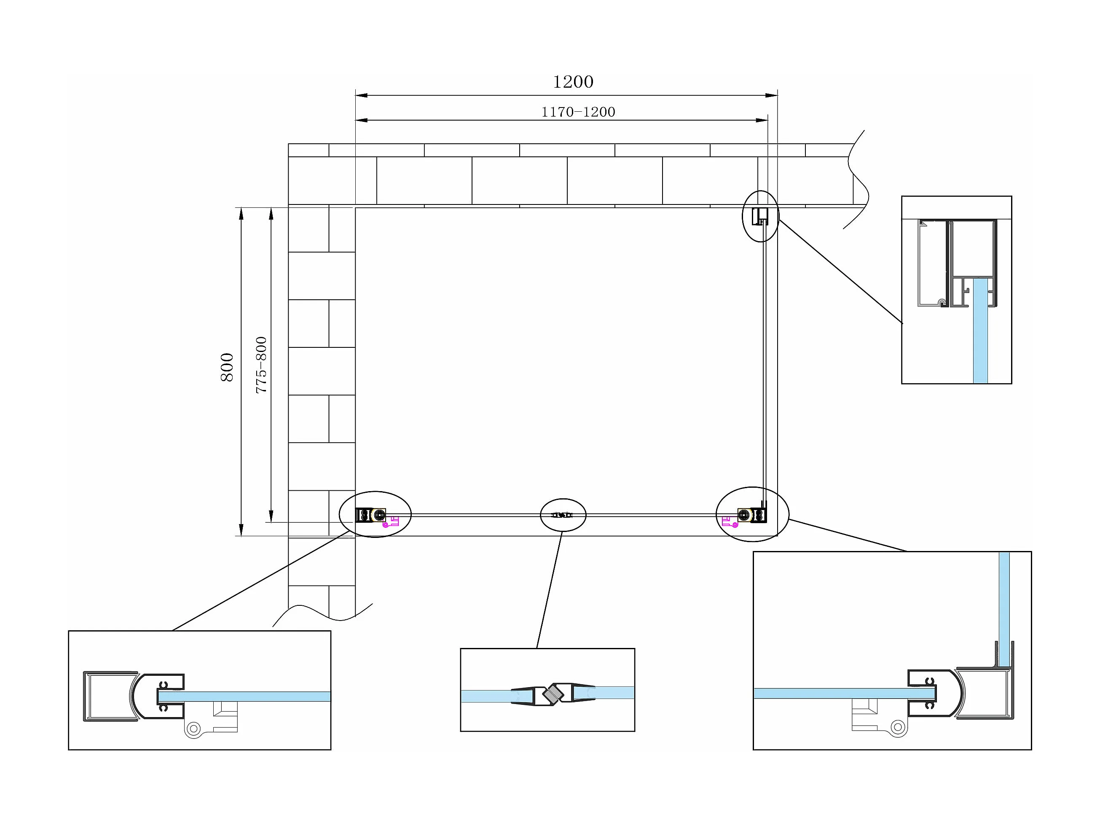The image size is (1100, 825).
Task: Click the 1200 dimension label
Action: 573,81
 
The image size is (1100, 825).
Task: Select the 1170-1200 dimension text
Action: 578,112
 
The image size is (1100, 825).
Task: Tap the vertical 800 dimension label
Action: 227,368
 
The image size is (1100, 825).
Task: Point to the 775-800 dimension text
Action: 261,365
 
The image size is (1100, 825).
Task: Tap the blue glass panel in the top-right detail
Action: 980,330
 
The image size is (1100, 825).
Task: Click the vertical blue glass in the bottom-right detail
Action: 1004,609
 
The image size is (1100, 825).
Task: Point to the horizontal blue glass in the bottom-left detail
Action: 244,696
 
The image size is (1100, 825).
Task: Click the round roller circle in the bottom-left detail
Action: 193,729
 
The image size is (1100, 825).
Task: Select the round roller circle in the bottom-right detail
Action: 898,727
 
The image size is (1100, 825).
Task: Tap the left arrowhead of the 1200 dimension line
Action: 361,95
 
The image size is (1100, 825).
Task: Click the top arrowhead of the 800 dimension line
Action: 241,213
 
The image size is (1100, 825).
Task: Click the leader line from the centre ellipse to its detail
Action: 550,590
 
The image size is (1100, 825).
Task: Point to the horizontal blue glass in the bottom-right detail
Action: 845,693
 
